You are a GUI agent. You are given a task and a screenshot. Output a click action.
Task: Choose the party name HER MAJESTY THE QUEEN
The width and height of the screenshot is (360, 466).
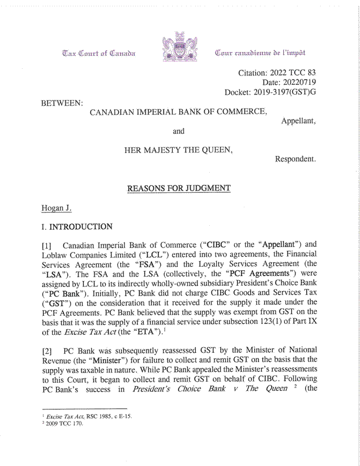coord(179,150)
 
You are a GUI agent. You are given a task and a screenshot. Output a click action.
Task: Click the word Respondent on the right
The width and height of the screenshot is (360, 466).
coord(294,158)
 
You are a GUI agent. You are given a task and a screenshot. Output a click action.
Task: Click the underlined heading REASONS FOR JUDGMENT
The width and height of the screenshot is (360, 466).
coord(179,188)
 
